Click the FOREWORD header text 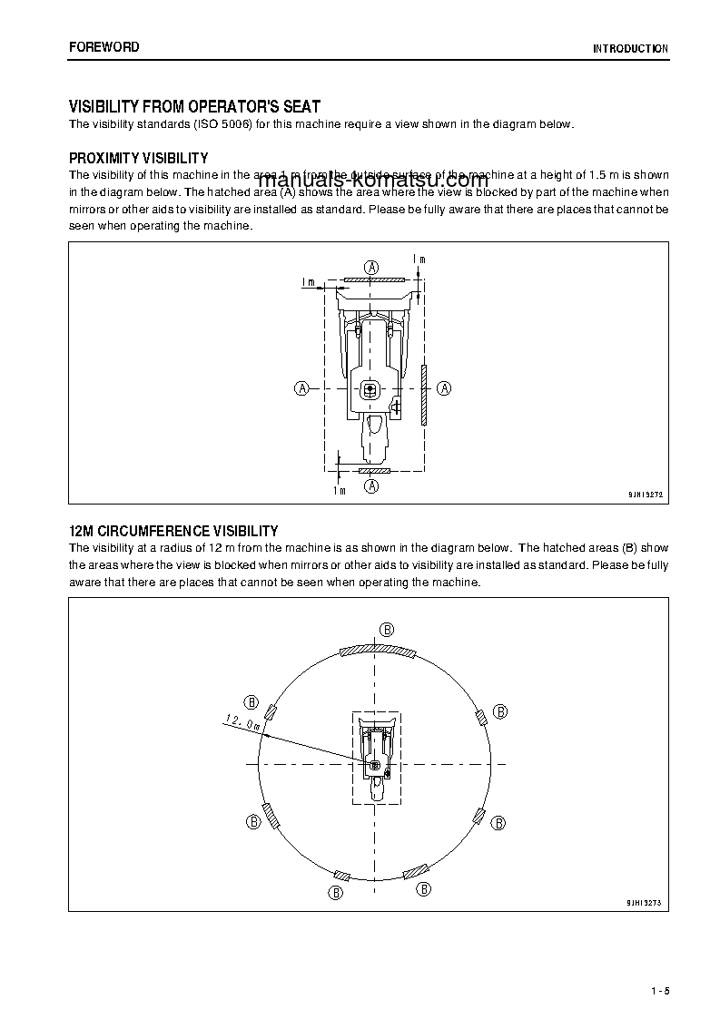(x=104, y=47)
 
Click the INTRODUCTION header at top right (x=630, y=49)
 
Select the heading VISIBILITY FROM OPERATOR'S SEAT (x=194, y=107)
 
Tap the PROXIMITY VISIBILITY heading (x=139, y=158)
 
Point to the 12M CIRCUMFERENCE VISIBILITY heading (x=173, y=531)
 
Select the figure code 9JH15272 (x=646, y=495)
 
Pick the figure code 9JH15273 (x=646, y=902)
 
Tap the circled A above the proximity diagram (x=372, y=267)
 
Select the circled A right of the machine (x=445, y=388)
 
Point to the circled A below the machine (x=372, y=485)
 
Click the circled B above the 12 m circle (x=386, y=630)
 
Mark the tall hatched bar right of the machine (x=424, y=396)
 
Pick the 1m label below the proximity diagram (x=340, y=491)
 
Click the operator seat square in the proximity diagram (x=370, y=390)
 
